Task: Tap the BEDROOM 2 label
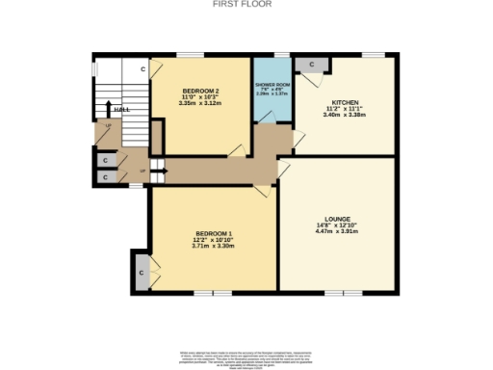pyautogui.click(x=201, y=91)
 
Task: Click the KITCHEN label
pyautogui.click(x=346, y=101)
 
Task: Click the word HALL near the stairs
pyautogui.click(x=121, y=110)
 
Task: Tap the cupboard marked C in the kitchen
pyautogui.click(x=310, y=64)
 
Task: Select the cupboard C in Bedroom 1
pyautogui.click(x=142, y=273)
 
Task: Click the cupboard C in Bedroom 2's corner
pyautogui.click(x=143, y=69)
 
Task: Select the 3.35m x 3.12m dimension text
pyautogui.click(x=201, y=103)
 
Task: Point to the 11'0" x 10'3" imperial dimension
pyautogui.click(x=201, y=96)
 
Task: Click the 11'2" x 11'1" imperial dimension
pyautogui.click(x=346, y=108)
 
